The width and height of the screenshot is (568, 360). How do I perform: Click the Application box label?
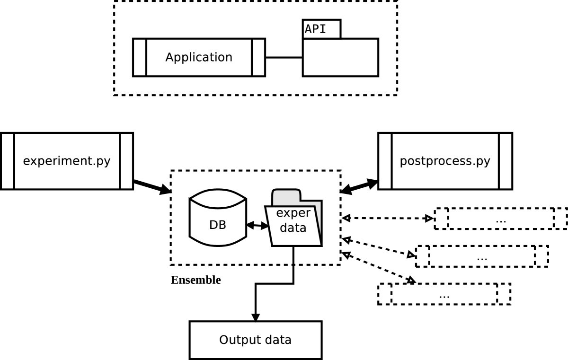coord(199,57)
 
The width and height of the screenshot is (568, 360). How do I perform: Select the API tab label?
coord(315,28)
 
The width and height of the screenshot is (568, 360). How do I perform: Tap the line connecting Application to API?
coord(284,57)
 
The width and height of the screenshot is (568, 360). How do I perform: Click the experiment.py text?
coord(67,161)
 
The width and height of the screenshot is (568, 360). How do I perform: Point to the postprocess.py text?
coord(445,161)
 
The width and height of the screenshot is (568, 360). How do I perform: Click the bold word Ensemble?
coord(195,280)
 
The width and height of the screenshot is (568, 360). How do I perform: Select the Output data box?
coord(255,340)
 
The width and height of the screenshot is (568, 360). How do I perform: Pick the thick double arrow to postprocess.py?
coord(359,186)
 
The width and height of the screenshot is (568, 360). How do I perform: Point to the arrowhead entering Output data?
coord(255,317)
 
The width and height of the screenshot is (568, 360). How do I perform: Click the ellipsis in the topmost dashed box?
coord(500,219)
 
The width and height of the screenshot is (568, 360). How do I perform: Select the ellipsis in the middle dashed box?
coord(482,257)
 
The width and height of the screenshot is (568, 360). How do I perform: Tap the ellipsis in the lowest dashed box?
coord(444,295)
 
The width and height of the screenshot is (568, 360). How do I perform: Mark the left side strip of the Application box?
coord(140,57)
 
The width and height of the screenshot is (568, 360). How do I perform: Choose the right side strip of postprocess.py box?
coord(506,161)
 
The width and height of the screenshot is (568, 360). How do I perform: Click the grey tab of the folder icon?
coord(286,196)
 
